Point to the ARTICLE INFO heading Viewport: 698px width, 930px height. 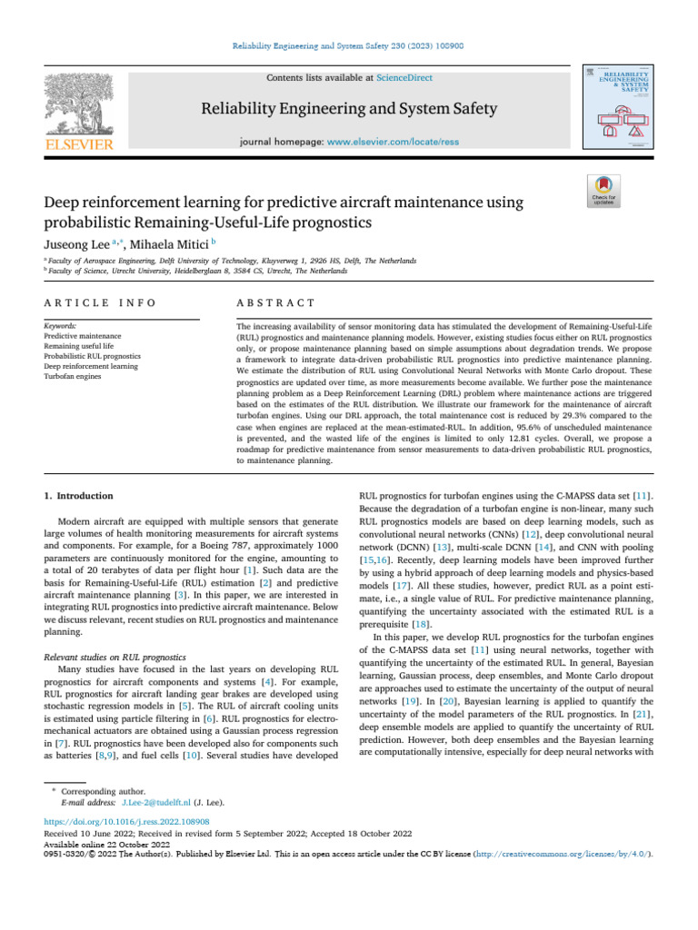click(x=100, y=302)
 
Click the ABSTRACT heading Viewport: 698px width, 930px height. click(x=275, y=302)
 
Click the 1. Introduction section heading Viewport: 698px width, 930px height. click(x=79, y=496)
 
